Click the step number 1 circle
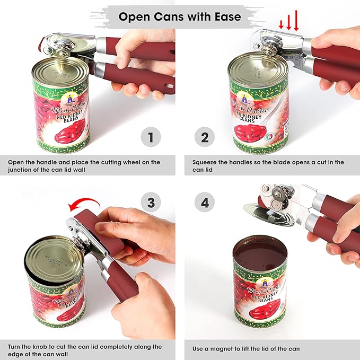[150, 138]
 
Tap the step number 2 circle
[204, 138]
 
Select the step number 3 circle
[150, 202]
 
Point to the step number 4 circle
[204, 202]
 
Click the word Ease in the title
[227, 16]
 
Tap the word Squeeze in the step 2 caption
[207, 162]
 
